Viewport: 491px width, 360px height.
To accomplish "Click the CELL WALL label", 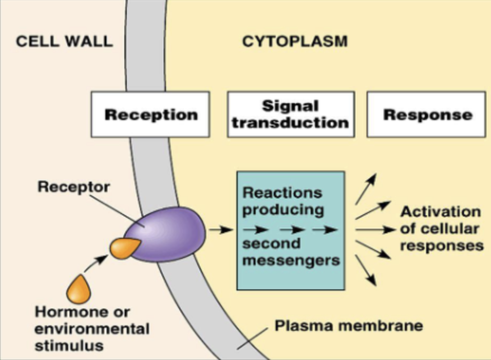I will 63,42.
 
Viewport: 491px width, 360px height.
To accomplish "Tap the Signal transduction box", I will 290,114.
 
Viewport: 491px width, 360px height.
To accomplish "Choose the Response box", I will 427,114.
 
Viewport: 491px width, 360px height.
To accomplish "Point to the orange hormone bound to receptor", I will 124,247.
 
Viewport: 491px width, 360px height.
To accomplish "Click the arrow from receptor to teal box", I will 220,229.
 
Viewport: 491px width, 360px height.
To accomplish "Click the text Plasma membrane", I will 348,326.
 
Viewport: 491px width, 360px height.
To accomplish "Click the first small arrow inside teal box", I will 255,229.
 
